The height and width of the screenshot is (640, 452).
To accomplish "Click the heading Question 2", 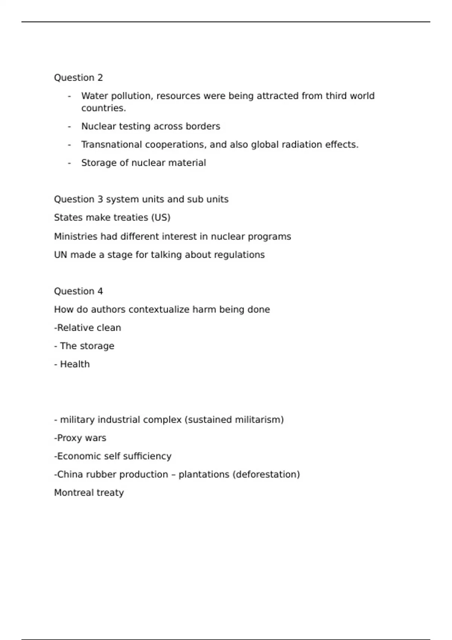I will click(78, 78).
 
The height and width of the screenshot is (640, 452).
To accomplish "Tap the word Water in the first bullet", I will click(94, 96).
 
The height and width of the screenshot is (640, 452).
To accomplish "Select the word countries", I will click(104, 108).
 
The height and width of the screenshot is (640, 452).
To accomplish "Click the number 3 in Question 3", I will click(100, 199).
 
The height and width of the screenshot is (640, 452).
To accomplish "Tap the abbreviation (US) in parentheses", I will click(161, 218).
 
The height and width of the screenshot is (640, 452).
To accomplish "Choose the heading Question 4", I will click(78, 291).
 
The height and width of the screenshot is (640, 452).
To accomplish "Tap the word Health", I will click(75, 364).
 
